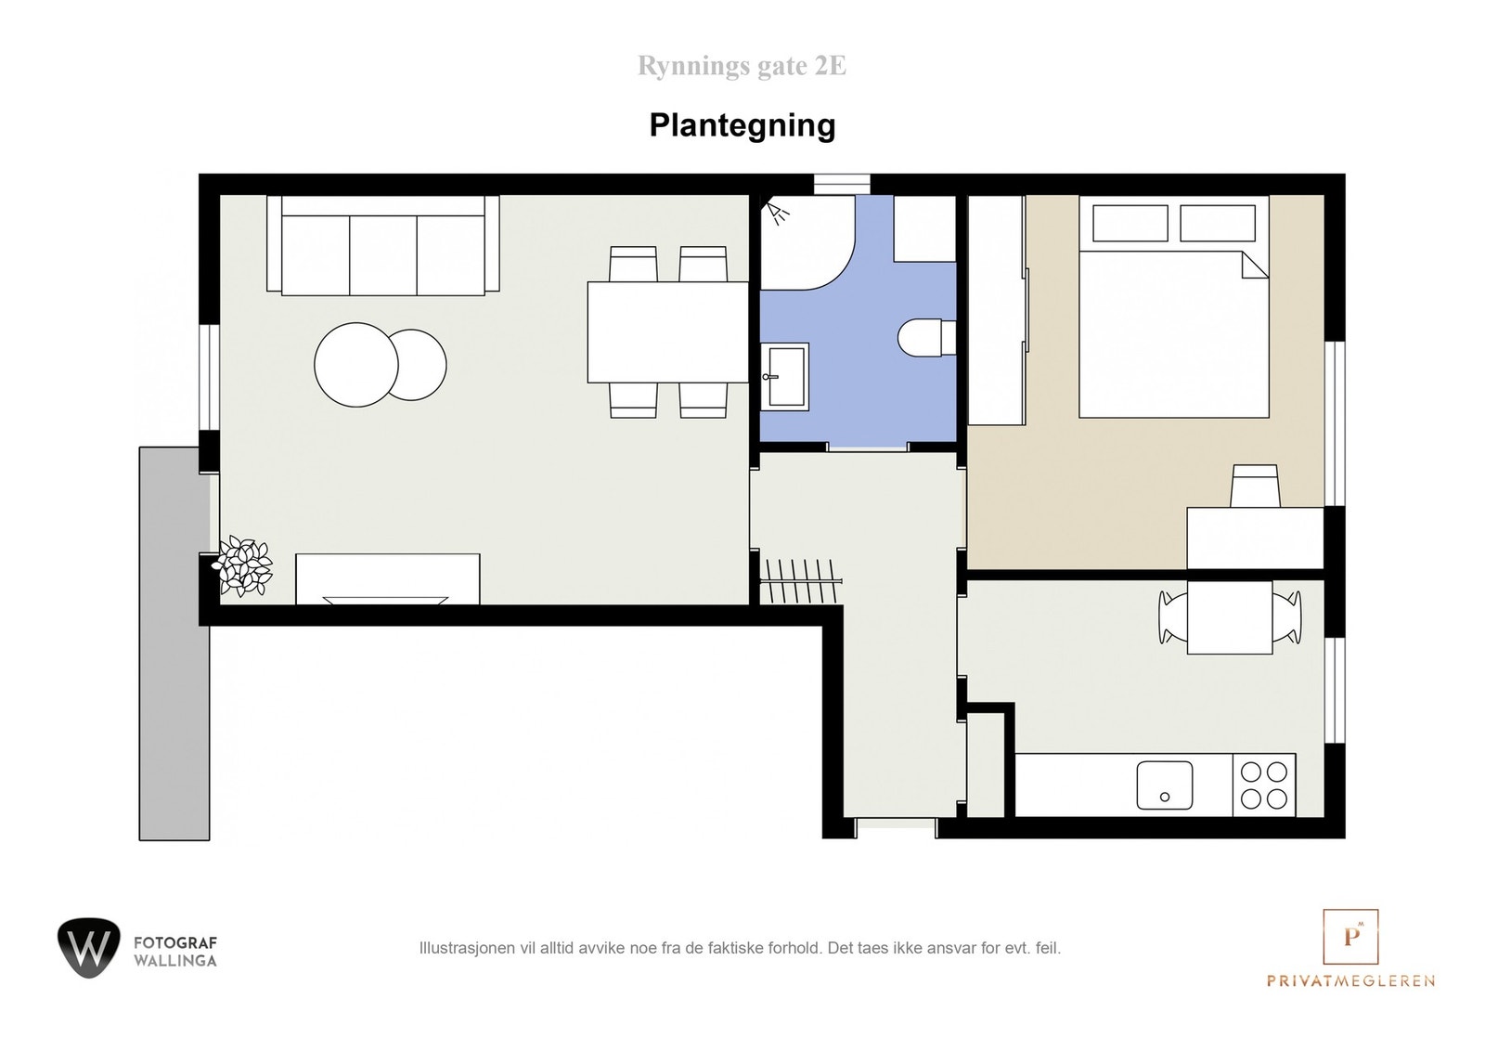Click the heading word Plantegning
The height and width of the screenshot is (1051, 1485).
click(x=742, y=125)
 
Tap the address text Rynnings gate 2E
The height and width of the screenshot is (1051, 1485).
click(x=742, y=67)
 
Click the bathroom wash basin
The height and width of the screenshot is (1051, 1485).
click(x=784, y=376)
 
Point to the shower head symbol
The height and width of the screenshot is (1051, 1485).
click(x=777, y=214)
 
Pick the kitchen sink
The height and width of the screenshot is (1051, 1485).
click(x=1165, y=785)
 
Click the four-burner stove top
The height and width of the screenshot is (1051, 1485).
click(x=1264, y=785)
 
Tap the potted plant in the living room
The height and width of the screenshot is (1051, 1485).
click(x=244, y=565)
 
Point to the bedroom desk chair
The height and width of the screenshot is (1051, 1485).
click(x=1255, y=486)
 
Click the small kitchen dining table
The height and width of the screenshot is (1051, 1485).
click(x=1230, y=617)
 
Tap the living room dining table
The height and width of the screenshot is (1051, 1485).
click(x=667, y=331)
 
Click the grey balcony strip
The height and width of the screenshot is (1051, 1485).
click(x=174, y=642)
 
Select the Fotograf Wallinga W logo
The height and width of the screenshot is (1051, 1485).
click(x=88, y=948)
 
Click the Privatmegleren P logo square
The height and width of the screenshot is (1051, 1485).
click(x=1350, y=937)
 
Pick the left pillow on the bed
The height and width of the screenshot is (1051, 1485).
click(x=1130, y=223)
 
